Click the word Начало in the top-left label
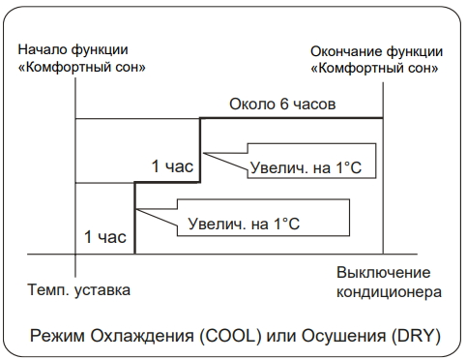pos(43,49)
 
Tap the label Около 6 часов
pos(282,104)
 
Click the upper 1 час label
pos(172,166)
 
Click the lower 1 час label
pos(105,237)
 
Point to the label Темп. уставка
pos(79,289)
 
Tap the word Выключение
pos(384,273)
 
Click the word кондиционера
pos(389,292)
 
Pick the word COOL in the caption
pos(231,336)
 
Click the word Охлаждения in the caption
pos(142,336)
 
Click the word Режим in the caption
pos(57,336)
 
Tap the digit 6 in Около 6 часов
pos(283,104)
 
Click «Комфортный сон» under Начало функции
pos(82,68)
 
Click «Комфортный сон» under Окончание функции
pos(374,69)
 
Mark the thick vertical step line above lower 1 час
pos(134,218)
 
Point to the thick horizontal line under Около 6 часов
pos(291,118)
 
